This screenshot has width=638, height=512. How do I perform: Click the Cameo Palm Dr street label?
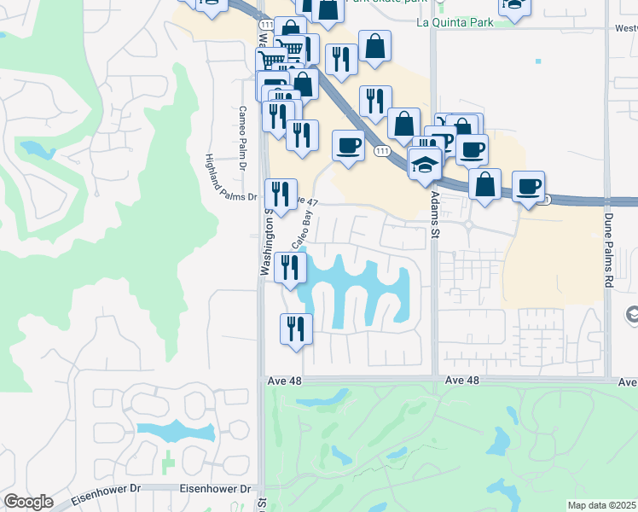click(242, 126)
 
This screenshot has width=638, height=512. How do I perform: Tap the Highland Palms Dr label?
click(230, 177)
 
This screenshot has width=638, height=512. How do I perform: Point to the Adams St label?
click(434, 214)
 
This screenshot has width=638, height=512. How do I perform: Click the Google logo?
click(29, 502)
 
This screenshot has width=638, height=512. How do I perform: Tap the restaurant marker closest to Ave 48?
click(296, 329)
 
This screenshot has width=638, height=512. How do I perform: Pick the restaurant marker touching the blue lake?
click(291, 267)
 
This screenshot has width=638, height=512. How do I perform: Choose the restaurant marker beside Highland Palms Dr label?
click(280, 194)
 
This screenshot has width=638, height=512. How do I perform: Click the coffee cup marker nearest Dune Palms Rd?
click(529, 185)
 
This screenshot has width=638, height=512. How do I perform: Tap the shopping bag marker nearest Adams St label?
click(484, 183)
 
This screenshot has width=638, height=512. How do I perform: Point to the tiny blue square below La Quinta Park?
click(538, 61)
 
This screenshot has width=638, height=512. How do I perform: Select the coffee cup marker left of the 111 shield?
click(348, 144)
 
